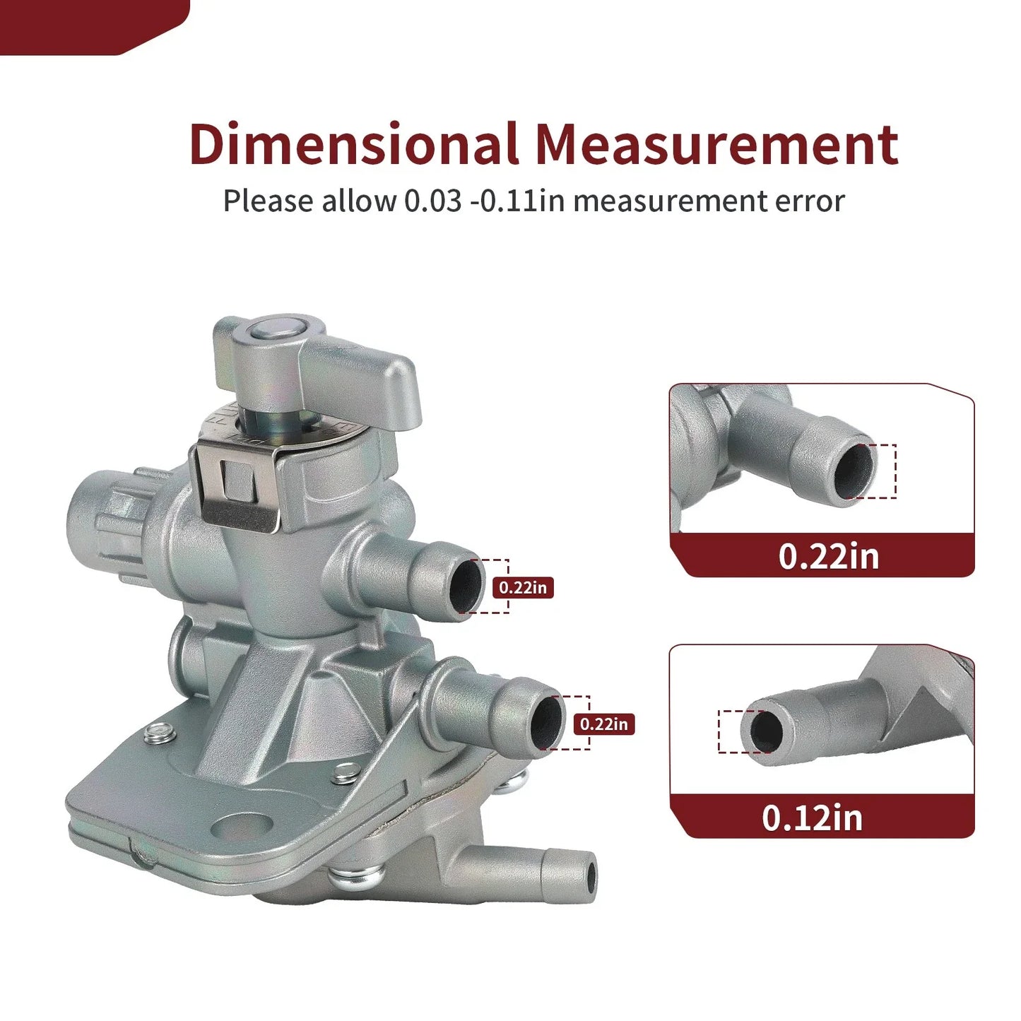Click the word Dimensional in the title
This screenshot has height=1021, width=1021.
click(x=353, y=144)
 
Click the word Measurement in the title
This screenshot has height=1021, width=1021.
click(x=717, y=144)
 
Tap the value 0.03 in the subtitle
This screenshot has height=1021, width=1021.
click(x=432, y=201)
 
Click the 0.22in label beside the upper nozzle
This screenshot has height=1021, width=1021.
click(x=523, y=588)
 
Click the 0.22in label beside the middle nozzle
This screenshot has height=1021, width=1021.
click(x=604, y=724)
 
